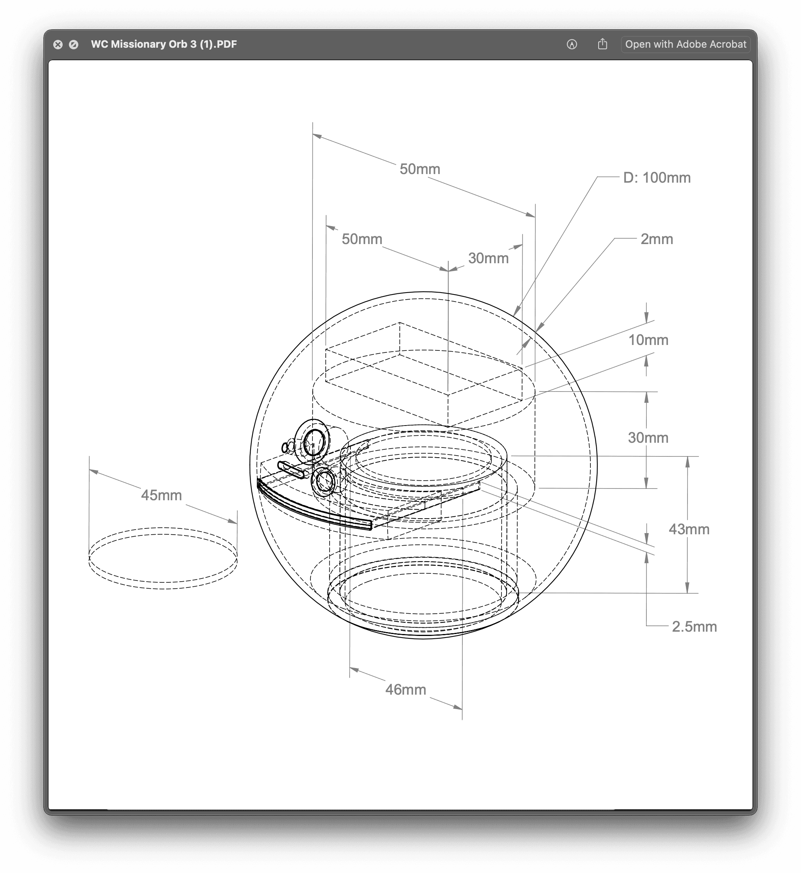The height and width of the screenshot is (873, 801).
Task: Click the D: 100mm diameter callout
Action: pyautogui.click(x=657, y=178)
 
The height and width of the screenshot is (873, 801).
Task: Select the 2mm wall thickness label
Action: pyautogui.click(x=657, y=239)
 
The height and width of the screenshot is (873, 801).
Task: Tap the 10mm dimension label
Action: pyautogui.click(x=648, y=340)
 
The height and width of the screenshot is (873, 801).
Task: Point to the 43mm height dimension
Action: pyautogui.click(x=689, y=529)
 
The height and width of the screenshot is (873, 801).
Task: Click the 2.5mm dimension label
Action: pyautogui.click(x=694, y=627)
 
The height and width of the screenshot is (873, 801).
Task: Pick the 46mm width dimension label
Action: pyautogui.click(x=406, y=690)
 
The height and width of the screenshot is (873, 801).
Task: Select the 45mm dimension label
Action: pyautogui.click(x=161, y=495)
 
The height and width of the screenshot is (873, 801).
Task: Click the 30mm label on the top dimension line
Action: pyautogui.click(x=488, y=258)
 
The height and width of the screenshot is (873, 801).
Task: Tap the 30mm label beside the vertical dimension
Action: pyautogui.click(x=648, y=437)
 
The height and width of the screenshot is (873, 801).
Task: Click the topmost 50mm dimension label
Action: pyautogui.click(x=420, y=169)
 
